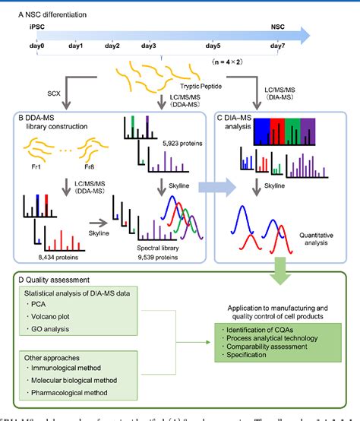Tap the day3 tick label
tap(148, 46)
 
